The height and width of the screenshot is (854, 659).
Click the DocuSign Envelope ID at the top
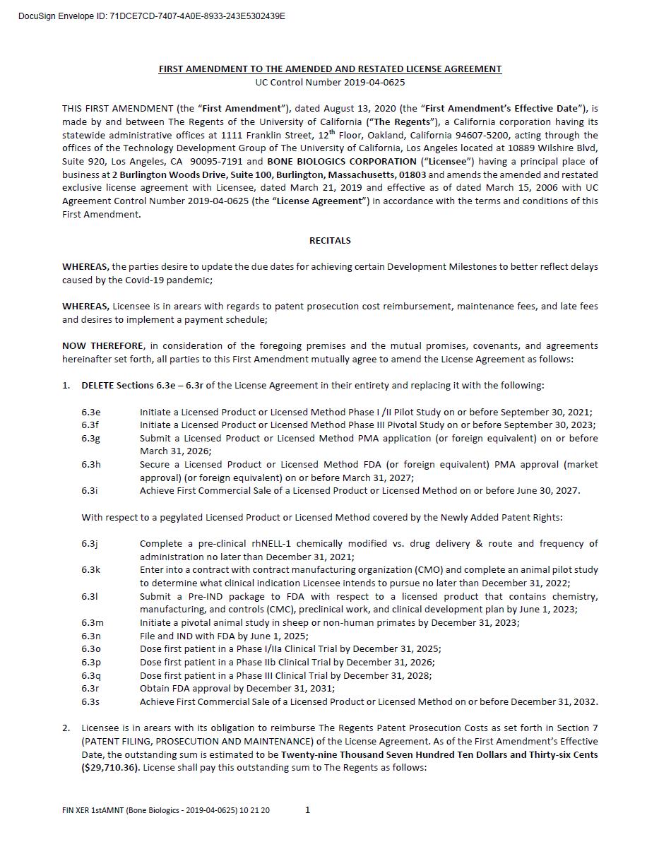(152, 16)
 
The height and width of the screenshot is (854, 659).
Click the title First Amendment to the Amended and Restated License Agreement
(330, 69)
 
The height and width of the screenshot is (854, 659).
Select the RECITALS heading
(330, 240)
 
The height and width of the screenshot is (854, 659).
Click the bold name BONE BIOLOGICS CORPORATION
(342, 162)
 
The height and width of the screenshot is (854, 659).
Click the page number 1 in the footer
(307, 810)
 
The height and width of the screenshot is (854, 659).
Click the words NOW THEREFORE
(103, 346)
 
